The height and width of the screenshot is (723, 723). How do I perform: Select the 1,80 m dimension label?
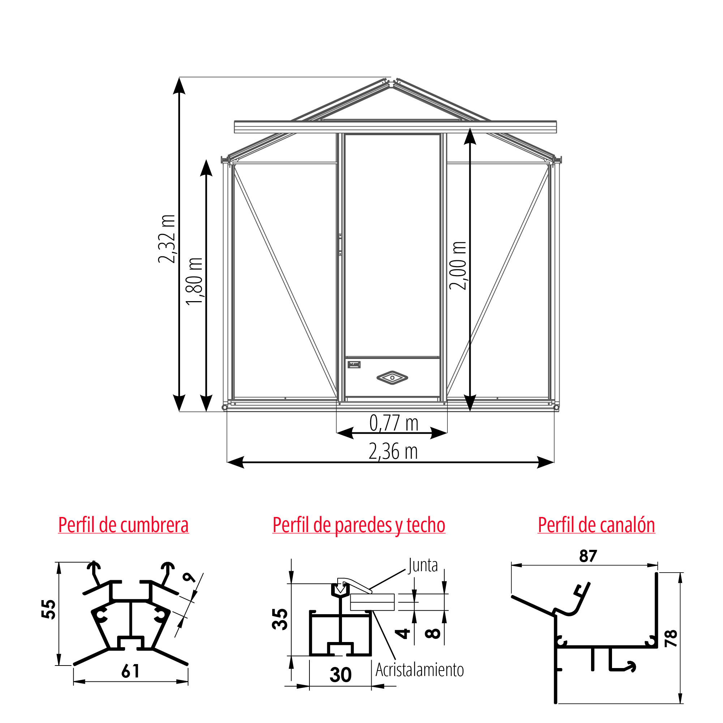point(194,281)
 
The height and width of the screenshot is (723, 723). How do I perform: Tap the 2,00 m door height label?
point(458,266)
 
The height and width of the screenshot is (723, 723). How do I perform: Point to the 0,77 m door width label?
point(394,423)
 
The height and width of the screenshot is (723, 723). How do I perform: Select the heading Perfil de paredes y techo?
point(359,525)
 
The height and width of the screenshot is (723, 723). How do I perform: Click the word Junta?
point(423,565)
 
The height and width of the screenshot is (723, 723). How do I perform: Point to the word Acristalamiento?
point(419,670)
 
